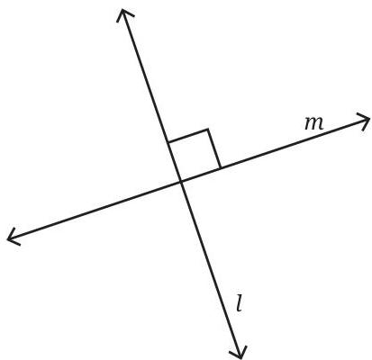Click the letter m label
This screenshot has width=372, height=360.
pos(314,124)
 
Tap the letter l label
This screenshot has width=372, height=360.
pos(239,303)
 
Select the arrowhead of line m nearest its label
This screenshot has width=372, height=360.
pos(362,121)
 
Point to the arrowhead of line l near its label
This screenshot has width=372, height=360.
pos(239,352)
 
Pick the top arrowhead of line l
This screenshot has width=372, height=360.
pos(123,15)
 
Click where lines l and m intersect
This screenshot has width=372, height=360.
pos(181,181)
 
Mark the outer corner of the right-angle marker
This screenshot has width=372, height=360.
pos(208,130)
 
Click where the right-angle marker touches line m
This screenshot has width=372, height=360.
pos(221,168)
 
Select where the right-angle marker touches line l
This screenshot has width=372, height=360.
pos(168,142)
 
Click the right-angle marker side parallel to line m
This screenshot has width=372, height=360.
pos(188,136)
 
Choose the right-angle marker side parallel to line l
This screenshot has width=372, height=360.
pos(214,148)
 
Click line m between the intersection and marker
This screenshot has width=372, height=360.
pos(201,175)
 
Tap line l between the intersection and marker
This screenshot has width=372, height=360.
pos(175,161)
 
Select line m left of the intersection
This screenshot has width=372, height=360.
pos(94,210)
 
